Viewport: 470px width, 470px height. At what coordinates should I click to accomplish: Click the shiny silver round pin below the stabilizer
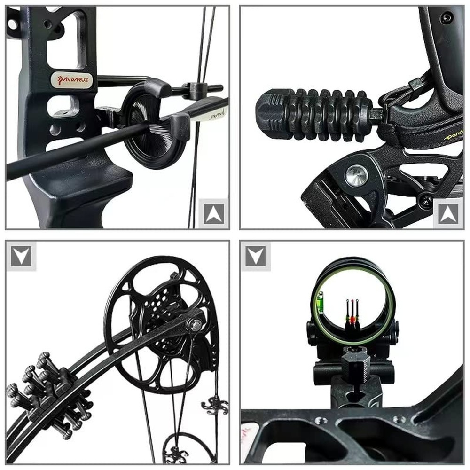[356, 175]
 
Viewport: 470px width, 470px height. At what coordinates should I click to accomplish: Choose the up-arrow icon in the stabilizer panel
[447, 213]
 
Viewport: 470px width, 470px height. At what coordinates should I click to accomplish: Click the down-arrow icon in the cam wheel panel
[22, 256]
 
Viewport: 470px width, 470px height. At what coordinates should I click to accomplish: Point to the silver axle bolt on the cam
[196, 324]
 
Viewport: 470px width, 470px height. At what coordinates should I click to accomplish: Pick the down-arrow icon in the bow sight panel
[256, 256]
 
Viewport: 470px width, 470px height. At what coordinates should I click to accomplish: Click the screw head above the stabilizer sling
[446, 18]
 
